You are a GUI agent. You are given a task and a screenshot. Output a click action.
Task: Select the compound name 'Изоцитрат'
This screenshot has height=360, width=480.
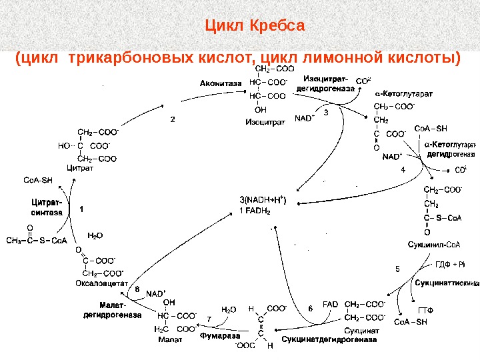pyautogui.click(x=265, y=122)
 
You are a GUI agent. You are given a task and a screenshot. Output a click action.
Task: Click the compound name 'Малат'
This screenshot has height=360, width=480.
pyautogui.click(x=170, y=339)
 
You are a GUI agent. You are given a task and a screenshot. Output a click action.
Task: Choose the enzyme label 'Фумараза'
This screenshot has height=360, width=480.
pyautogui.click(x=217, y=337)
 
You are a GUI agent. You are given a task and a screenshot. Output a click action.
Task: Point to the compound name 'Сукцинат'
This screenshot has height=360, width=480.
pyautogui.click(x=362, y=331)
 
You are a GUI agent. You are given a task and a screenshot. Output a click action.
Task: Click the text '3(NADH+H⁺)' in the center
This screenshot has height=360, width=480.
pyautogui.click(x=263, y=199)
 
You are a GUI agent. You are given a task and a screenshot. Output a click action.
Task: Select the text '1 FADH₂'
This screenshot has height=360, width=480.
pyautogui.click(x=255, y=211)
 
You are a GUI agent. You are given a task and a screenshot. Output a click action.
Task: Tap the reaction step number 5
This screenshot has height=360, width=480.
pyautogui.click(x=397, y=269)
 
